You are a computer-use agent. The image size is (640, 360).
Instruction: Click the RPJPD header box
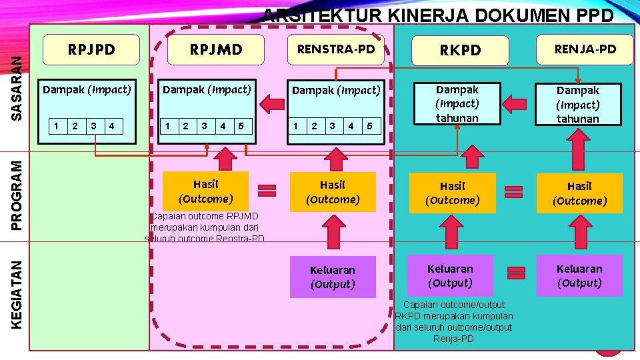click(92, 50)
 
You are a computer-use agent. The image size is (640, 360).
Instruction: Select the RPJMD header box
click(216, 50)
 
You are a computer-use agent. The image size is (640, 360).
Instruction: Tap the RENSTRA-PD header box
click(336, 49)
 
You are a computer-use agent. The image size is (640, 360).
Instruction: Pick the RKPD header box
click(460, 51)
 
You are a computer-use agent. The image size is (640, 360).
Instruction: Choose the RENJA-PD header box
click(585, 49)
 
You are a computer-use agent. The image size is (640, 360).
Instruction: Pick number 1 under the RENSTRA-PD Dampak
click(296, 125)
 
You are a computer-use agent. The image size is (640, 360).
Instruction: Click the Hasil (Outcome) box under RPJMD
click(205, 191)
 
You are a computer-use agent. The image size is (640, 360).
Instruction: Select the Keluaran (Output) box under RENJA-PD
click(579, 276)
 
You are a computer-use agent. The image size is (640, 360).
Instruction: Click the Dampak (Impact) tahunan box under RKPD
click(457, 103)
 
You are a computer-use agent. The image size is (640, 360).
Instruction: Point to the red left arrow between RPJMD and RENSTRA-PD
click(272, 103)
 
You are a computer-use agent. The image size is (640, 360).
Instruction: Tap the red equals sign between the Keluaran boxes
click(515, 273)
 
